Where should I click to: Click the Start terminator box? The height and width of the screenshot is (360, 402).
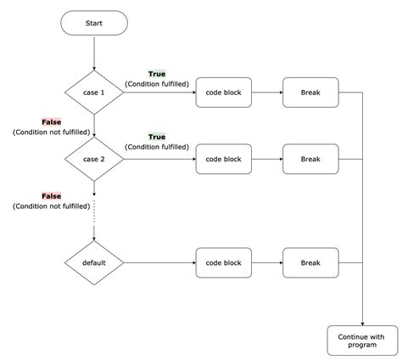click(94, 24)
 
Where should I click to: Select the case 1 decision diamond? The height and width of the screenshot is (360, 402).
click(94, 92)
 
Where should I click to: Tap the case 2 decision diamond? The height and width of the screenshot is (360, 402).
click(94, 158)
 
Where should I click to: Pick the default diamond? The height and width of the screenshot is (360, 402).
click(94, 262)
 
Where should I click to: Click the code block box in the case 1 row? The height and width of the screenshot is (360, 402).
click(224, 92)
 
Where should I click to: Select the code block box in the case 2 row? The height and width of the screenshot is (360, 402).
click(224, 158)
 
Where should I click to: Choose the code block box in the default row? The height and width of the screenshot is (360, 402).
click(224, 262)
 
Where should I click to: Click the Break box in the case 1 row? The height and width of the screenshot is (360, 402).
click(310, 92)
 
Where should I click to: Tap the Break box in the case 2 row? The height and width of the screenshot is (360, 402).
click(310, 158)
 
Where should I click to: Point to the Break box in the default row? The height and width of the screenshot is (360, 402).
click(310, 262)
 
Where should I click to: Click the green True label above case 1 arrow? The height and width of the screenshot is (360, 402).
click(157, 74)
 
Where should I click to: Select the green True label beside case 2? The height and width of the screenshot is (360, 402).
click(157, 137)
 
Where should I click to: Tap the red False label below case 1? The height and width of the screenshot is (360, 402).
click(52, 122)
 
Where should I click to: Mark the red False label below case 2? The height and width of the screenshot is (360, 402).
click(52, 195)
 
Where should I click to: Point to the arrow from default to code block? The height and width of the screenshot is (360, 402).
click(159, 262)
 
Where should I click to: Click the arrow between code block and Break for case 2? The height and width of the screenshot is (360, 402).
click(267, 158)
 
